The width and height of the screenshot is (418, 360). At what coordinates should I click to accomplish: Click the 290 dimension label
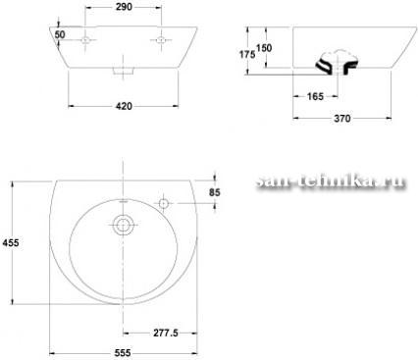(x=124, y=7)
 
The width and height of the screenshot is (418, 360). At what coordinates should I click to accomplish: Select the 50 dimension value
(x=60, y=34)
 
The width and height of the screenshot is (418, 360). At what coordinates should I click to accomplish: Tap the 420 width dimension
(x=124, y=106)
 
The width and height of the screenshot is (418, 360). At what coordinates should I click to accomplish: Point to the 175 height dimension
(x=247, y=54)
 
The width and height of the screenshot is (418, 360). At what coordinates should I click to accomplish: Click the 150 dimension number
(x=264, y=48)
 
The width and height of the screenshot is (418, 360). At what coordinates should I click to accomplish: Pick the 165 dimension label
(x=315, y=96)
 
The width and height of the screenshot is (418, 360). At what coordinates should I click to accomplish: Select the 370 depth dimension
(x=342, y=118)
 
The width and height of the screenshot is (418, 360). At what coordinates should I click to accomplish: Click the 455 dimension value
(x=11, y=242)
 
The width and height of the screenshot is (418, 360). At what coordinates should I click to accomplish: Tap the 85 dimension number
(x=215, y=192)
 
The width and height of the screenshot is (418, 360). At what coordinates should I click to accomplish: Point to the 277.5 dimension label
(x=166, y=333)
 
